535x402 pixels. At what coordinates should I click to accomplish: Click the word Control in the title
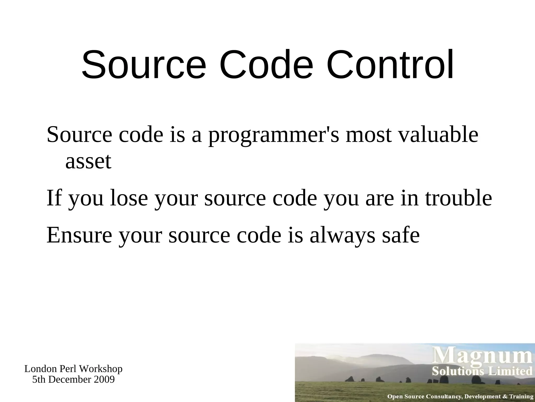[390, 64]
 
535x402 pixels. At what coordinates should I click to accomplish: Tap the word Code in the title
[266, 64]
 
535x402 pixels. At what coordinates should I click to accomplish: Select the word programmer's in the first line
[274, 136]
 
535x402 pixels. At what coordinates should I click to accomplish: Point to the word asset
[88, 161]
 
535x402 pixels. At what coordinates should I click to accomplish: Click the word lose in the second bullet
[129, 198]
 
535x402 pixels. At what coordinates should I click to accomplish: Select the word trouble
[458, 198]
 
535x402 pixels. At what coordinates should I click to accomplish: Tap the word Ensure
[79, 235]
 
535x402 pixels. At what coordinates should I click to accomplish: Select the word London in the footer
[40, 369]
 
